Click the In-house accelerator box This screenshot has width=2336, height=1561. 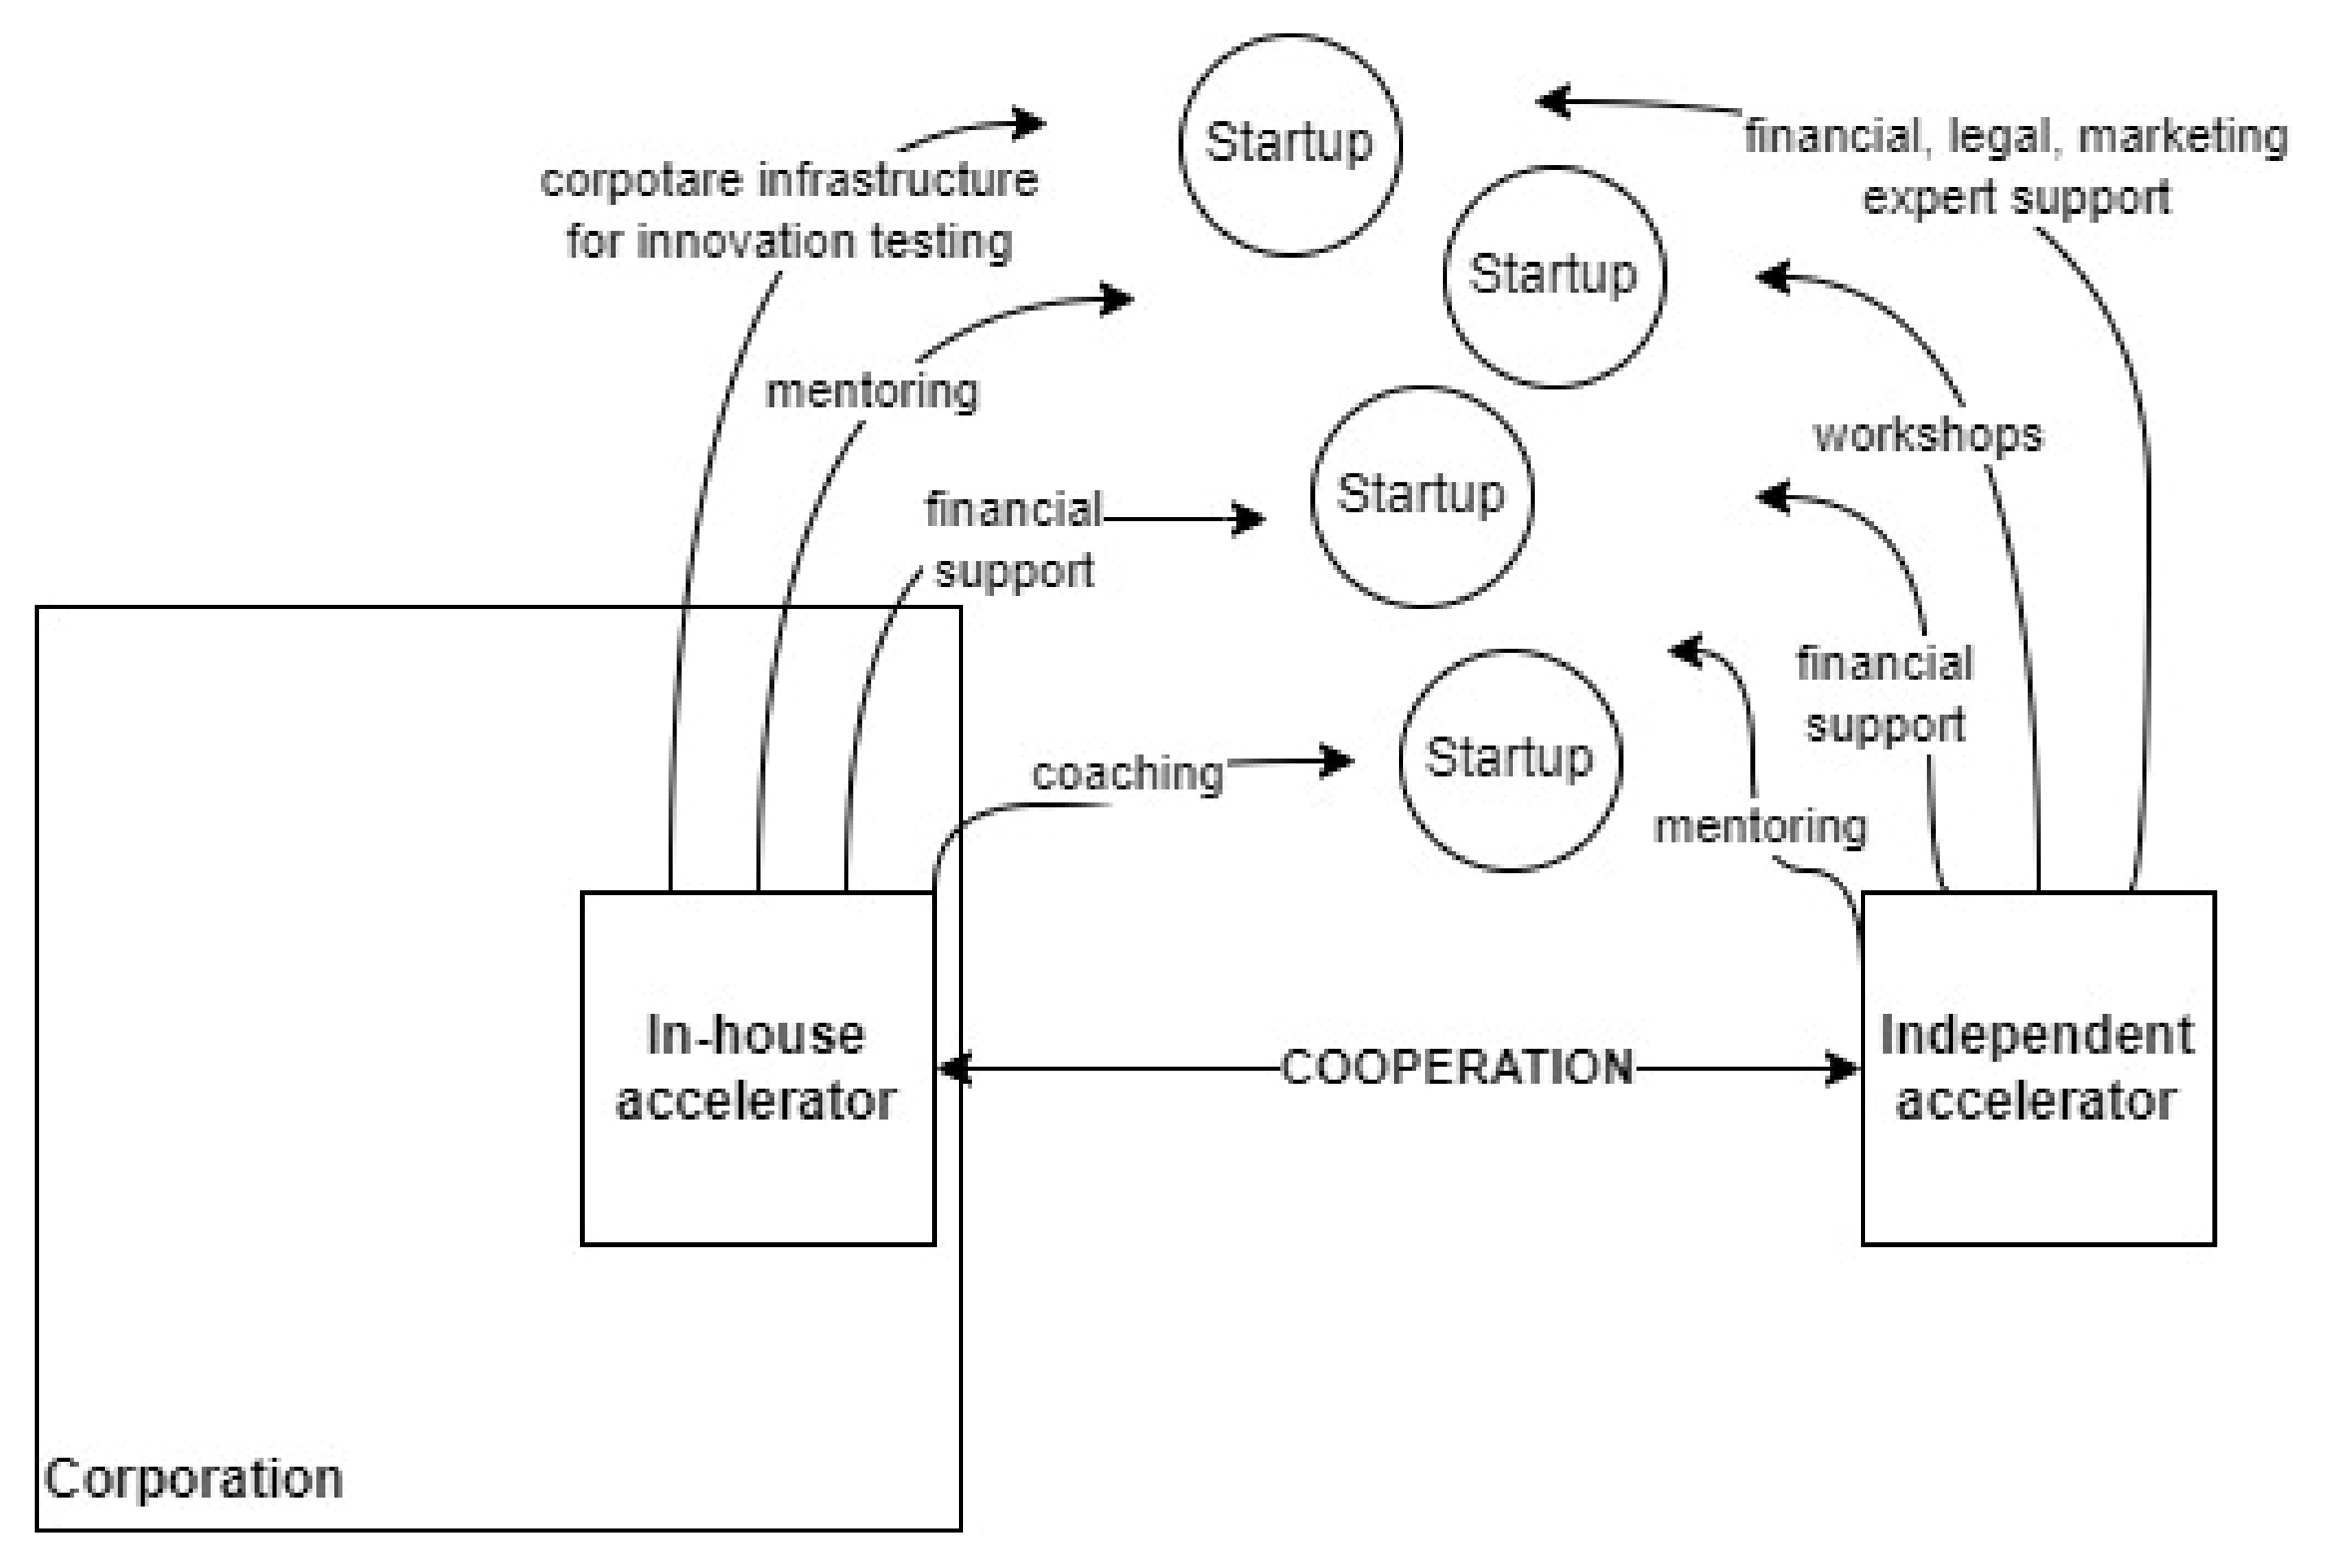756,1067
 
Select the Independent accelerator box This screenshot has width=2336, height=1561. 2037,1067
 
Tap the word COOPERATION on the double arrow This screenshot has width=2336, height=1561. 1456,1067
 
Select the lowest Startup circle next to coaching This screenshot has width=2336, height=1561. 1510,759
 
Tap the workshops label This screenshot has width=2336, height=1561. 1928,436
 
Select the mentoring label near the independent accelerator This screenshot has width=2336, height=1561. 1759,826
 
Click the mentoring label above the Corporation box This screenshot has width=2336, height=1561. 872,391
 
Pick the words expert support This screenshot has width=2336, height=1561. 2016,197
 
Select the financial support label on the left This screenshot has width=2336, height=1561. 1013,541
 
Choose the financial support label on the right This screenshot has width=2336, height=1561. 1884,694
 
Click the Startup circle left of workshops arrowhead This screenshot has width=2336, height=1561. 1554,276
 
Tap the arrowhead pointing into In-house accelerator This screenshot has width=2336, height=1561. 952,1068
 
